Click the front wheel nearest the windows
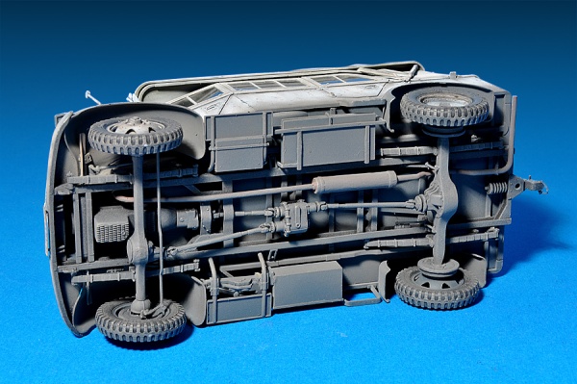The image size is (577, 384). (x=136, y=135)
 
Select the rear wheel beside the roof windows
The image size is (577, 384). (x=445, y=107)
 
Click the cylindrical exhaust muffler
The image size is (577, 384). (x=355, y=181)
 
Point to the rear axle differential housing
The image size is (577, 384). (x=443, y=201)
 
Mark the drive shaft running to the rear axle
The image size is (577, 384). (x=375, y=206)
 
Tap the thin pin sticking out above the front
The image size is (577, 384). (x=91, y=97)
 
